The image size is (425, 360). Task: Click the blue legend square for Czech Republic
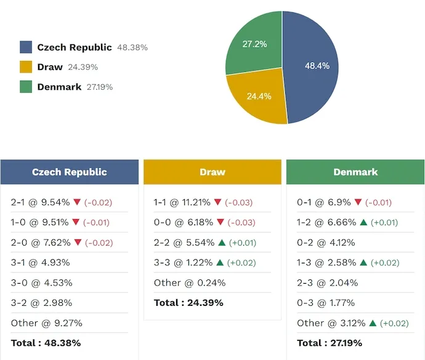click(26, 47)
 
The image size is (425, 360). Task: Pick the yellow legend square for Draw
click(26, 67)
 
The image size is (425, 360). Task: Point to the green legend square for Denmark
click(26, 87)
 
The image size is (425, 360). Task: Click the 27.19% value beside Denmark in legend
click(99, 87)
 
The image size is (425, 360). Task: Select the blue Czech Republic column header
click(70, 172)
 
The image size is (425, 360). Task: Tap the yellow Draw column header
click(212, 172)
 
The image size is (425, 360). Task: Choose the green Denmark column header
click(355, 172)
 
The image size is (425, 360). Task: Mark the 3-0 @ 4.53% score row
click(41, 282)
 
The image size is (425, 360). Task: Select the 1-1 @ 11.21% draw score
click(182, 202)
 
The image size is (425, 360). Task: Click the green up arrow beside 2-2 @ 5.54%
click(221, 242)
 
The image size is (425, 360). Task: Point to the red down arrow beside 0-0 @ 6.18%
click(217, 222)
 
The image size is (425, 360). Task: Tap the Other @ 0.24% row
click(190, 282)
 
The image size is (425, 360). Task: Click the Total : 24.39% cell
click(188, 303)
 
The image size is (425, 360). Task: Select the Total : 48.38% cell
click(46, 343)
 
